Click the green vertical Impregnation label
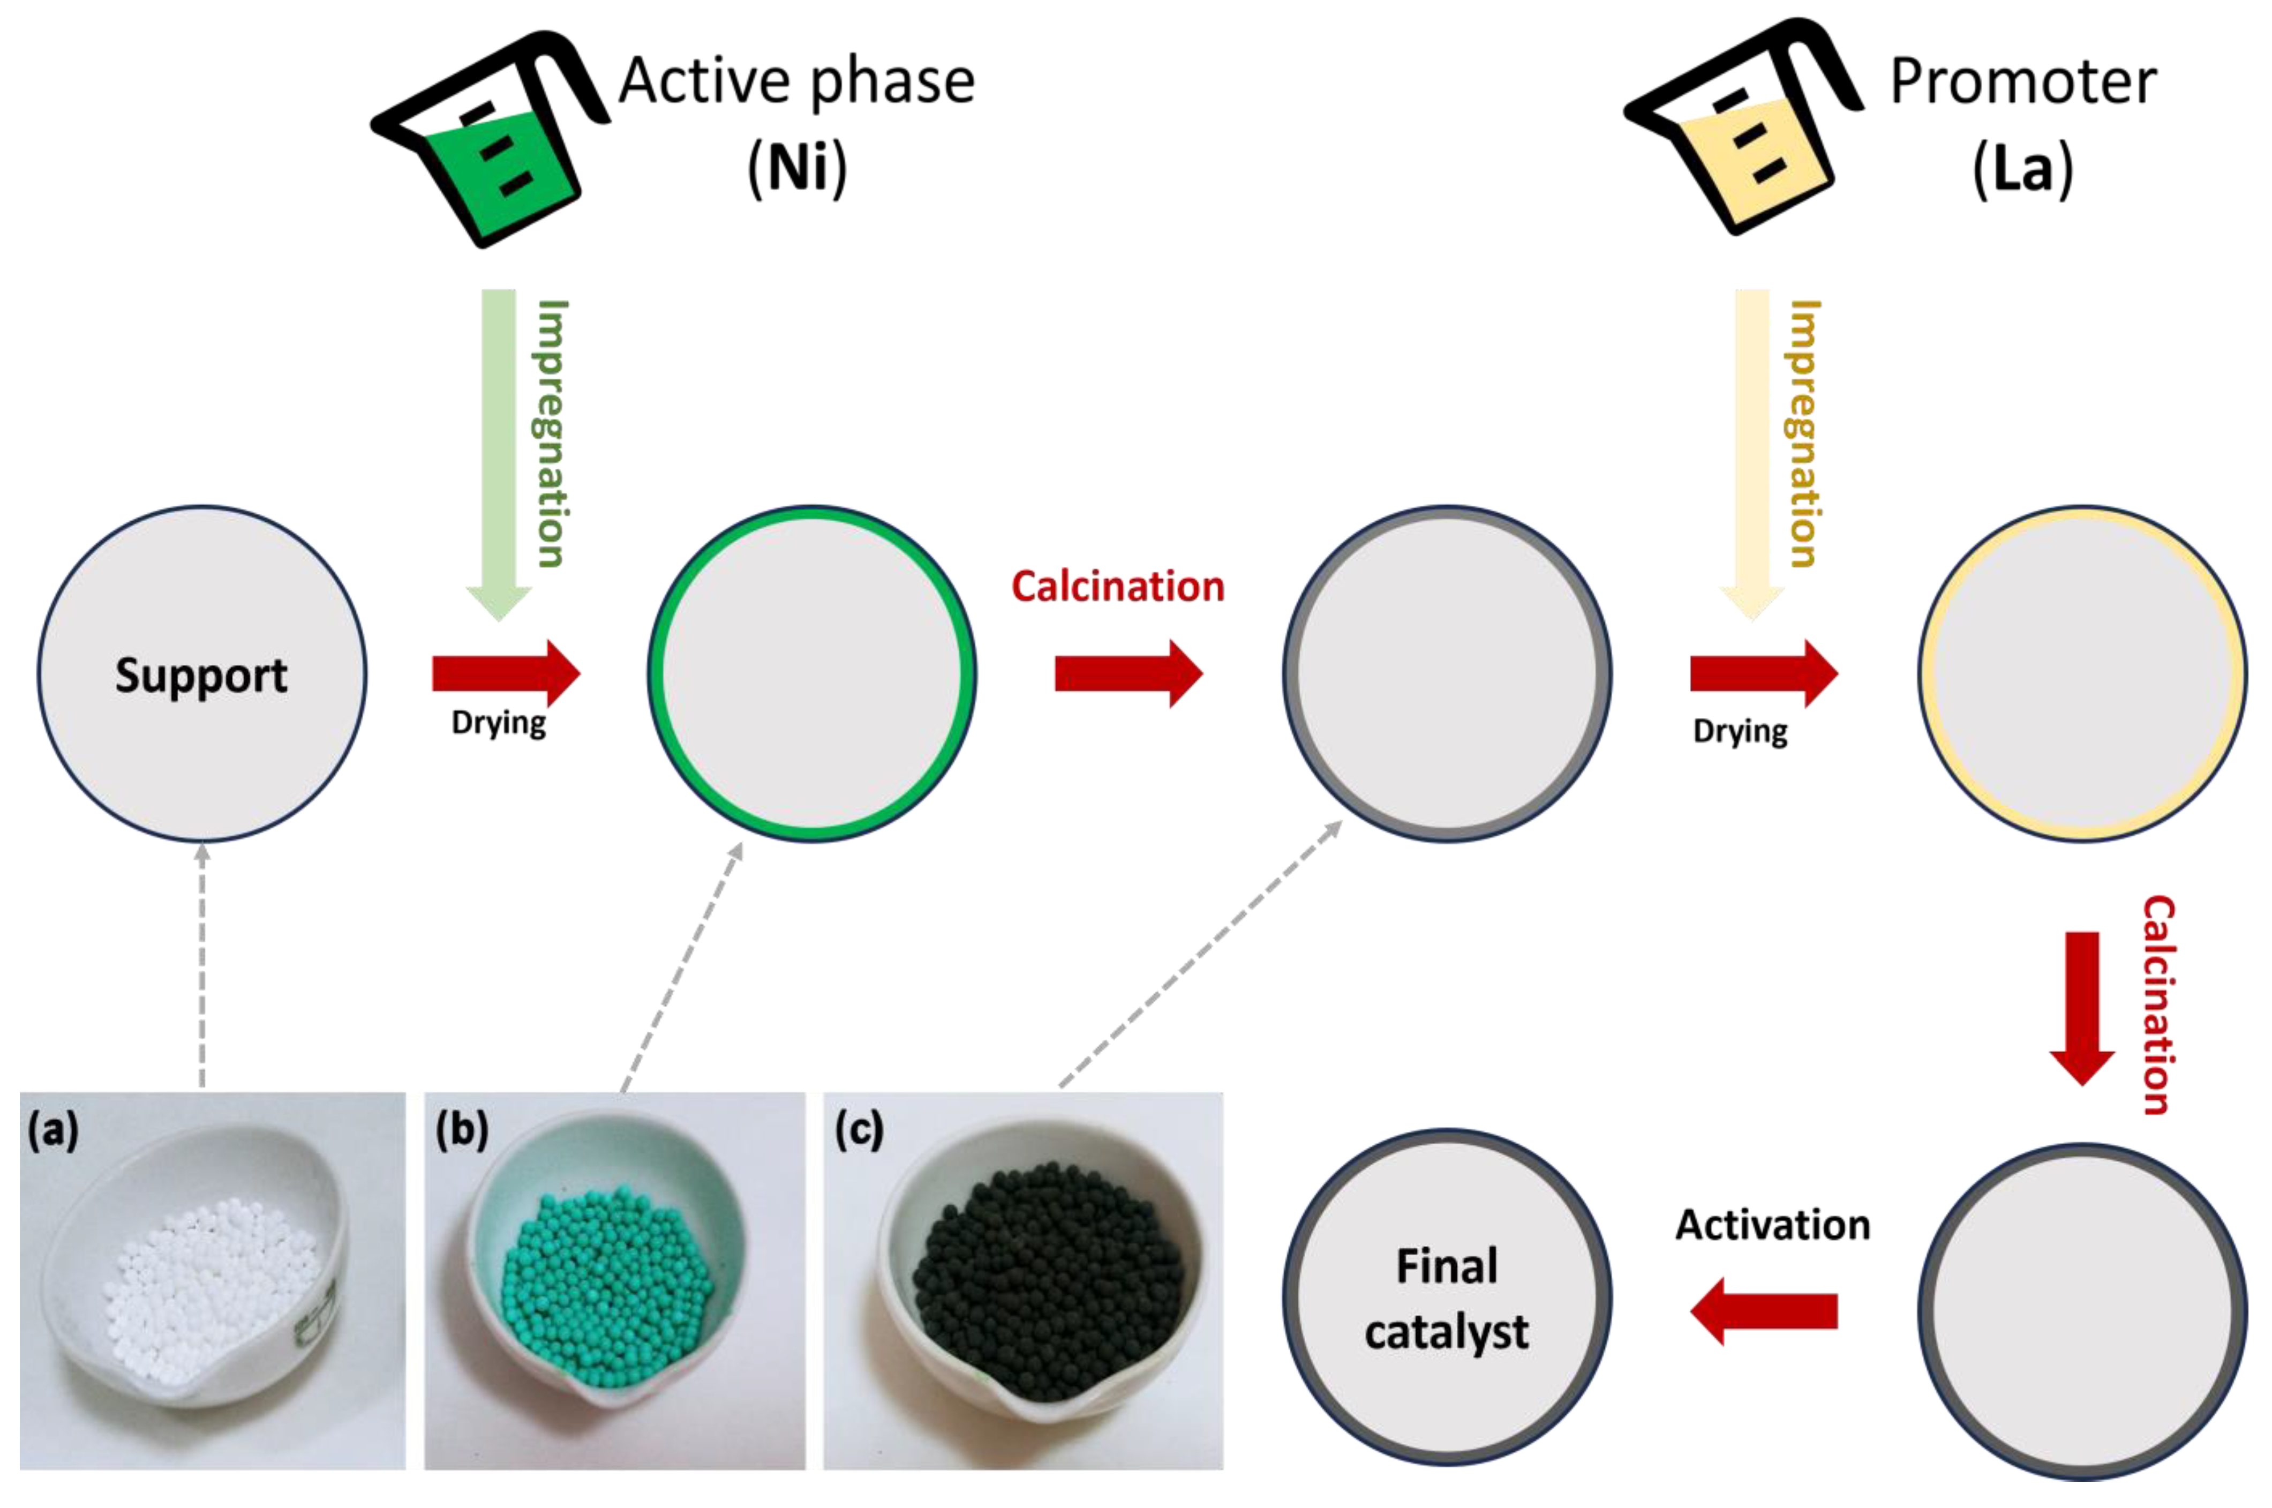[551, 433]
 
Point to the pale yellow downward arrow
[1752, 452]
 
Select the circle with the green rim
[812, 673]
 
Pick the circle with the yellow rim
[2082, 673]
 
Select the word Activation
[1773, 1225]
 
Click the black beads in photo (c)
[1048, 1279]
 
